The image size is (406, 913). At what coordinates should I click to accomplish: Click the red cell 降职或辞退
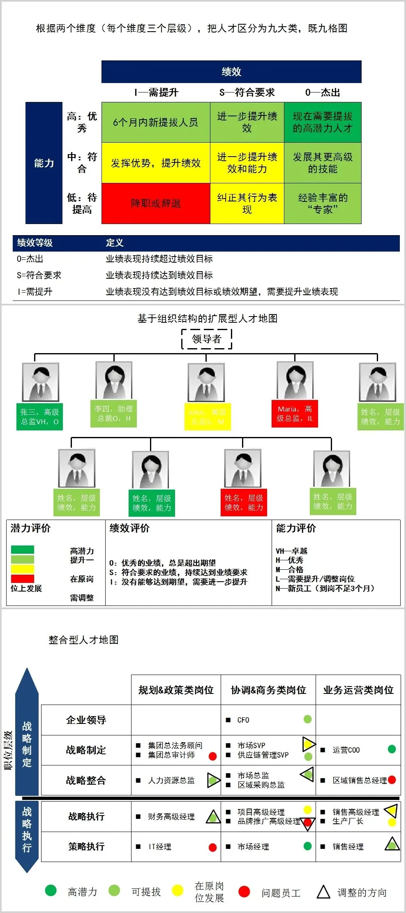click(156, 203)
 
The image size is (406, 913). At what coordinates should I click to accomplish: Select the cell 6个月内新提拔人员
click(156, 122)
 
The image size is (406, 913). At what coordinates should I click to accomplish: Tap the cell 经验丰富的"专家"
click(323, 203)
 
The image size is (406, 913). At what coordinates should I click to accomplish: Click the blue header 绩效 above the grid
click(231, 72)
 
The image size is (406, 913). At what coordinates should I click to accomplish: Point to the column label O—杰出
click(323, 92)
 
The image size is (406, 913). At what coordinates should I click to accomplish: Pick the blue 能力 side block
click(44, 163)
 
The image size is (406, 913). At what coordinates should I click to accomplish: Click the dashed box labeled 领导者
click(207, 339)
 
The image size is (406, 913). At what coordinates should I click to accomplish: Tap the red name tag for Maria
click(295, 414)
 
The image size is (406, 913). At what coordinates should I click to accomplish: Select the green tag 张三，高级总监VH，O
click(39, 417)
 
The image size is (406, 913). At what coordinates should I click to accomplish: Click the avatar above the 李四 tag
click(114, 381)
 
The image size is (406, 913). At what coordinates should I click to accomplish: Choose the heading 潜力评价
click(31, 528)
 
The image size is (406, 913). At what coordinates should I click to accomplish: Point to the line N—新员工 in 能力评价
click(325, 588)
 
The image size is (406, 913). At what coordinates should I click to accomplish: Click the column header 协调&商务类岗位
click(268, 690)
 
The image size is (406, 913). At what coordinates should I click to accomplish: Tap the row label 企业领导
click(86, 720)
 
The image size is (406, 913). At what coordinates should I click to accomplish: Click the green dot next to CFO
click(307, 719)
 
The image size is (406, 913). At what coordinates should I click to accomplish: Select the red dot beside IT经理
click(212, 847)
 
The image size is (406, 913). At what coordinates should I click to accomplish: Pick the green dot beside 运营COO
click(392, 749)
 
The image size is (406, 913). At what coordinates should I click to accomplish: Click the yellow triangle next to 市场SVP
click(308, 744)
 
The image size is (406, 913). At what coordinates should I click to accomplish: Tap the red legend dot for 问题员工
click(244, 891)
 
